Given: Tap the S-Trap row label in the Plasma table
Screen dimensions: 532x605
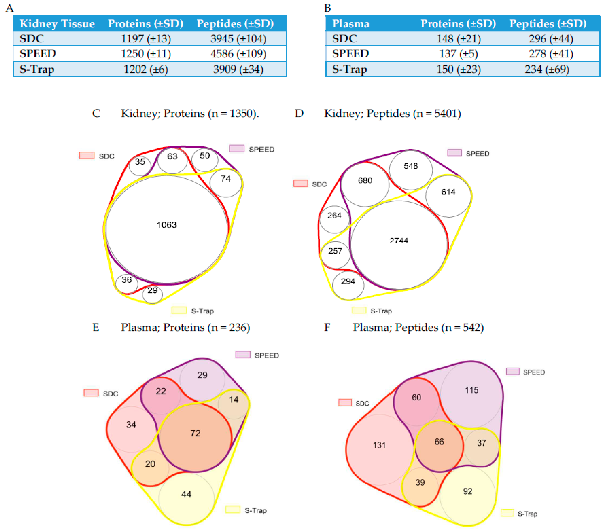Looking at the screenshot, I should click(349, 69).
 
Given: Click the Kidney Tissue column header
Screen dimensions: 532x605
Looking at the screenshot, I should click(57, 24).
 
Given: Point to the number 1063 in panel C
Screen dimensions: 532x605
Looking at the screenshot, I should click(167, 225).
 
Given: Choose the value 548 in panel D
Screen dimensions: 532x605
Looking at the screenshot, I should click(411, 166).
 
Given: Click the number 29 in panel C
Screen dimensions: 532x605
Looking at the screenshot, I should click(152, 290).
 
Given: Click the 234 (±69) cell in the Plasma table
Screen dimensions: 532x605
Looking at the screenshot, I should click(547, 69).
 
